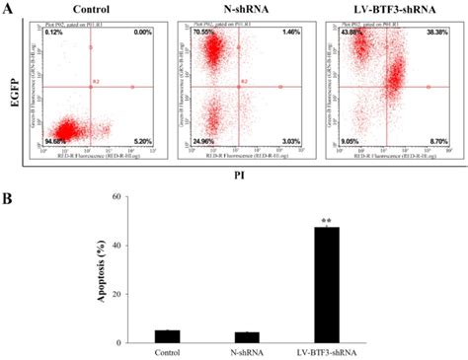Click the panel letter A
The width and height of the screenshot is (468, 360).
click(10, 9)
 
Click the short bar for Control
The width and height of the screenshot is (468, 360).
click(168, 336)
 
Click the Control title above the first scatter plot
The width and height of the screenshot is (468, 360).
click(89, 9)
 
